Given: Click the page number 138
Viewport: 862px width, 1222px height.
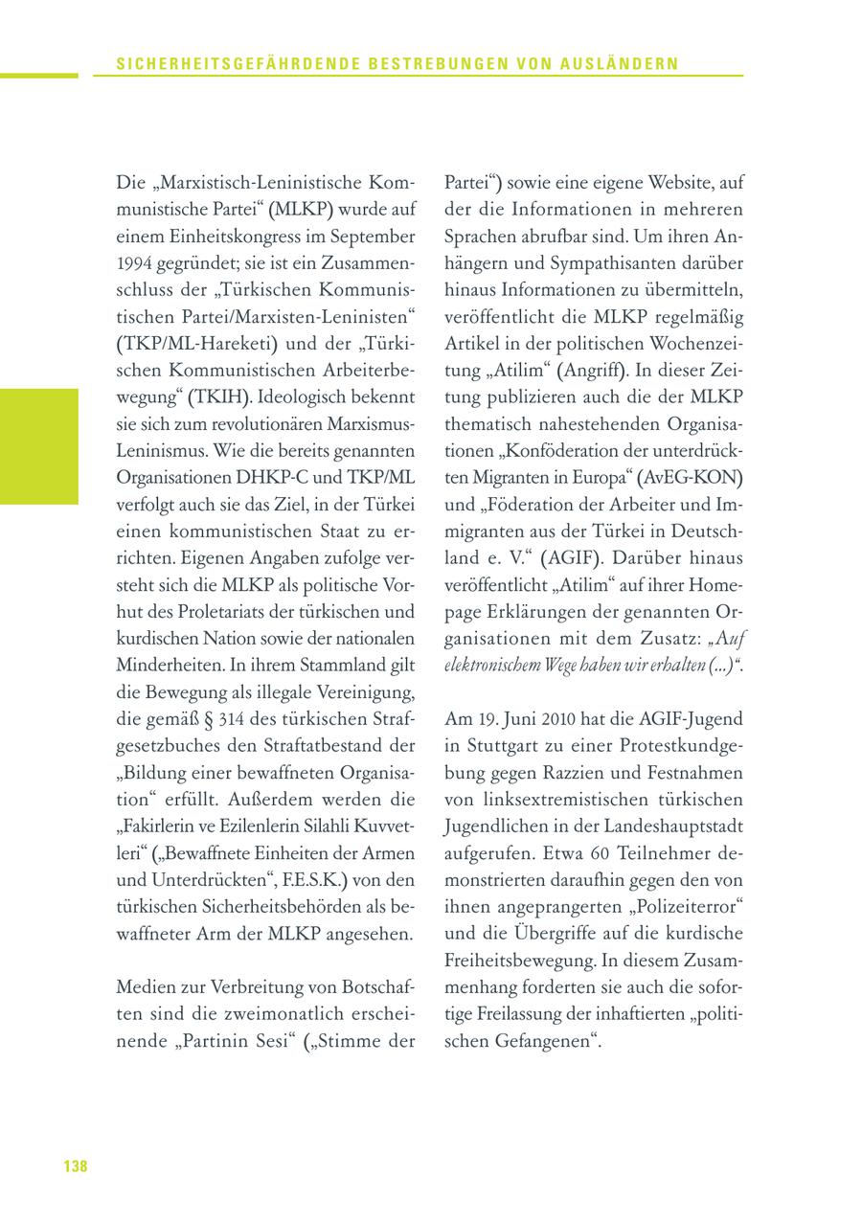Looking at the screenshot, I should [x=75, y=1165].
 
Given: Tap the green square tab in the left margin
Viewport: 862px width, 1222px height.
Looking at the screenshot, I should [x=39, y=445].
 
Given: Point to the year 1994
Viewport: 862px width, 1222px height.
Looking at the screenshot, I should [x=132, y=262].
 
